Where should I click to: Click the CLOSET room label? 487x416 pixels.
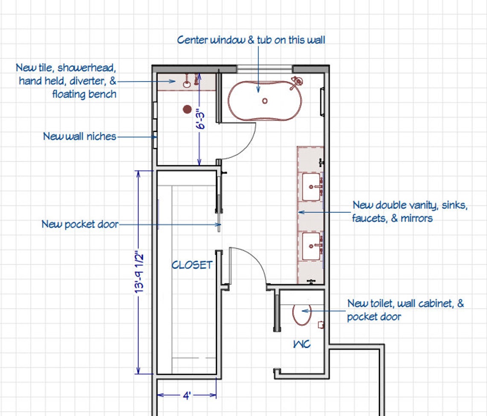pos(192,265)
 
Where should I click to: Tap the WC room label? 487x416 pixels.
pos(302,344)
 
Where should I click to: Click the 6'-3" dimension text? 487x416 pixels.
pos(201,119)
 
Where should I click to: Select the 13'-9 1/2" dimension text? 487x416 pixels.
pos(139,273)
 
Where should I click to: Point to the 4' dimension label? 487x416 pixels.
pos(187,395)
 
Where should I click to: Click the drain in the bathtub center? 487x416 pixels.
pos(264,101)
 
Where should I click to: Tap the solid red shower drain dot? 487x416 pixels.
pos(187,109)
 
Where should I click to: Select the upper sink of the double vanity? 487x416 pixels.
pos(311,187)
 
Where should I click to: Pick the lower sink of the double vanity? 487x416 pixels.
pos(311,246)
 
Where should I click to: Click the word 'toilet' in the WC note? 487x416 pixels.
pos(382,303)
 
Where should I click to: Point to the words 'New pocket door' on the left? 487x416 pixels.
pos(80,224)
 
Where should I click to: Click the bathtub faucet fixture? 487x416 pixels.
pos(296,83)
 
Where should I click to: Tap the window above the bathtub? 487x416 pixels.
pos(264,69)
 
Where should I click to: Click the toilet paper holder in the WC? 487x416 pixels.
pos(321,325)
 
